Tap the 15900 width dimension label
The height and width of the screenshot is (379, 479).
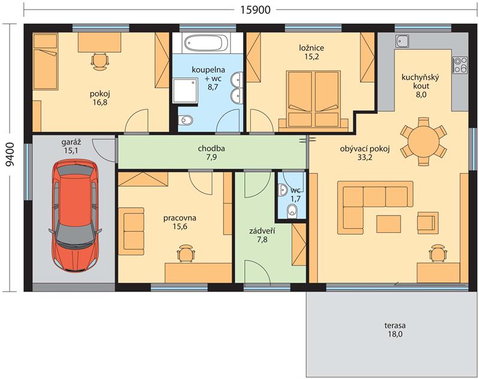point(256,10)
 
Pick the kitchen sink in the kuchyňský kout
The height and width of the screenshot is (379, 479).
point(402,41)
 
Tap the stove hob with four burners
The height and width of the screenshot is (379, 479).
point(460,65)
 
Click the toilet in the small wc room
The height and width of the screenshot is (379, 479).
point(292,211)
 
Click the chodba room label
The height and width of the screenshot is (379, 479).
point(211,148)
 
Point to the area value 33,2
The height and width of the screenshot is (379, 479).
point(365,157)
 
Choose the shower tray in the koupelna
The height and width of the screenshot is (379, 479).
point(185,90)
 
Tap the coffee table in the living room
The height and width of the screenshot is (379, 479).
point(389,224)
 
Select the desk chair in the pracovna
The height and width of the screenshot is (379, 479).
point(186,253)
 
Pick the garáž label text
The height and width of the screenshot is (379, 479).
point(71,142)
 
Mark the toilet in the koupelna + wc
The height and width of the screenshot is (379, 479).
point(185,120)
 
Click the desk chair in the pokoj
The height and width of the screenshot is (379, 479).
point(99,62)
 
